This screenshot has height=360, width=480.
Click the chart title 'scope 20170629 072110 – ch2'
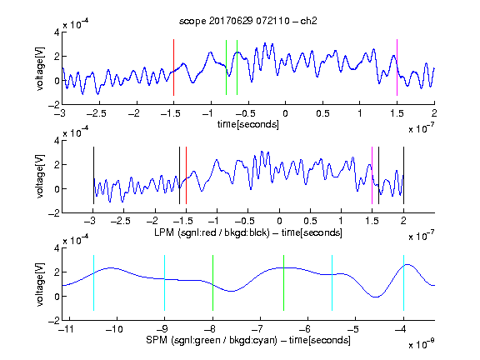click(248, 21)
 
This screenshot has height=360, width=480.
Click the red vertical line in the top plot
click(173, 67)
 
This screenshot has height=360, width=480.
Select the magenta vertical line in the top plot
click(397, 67)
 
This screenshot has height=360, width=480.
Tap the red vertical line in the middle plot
click(186, 175)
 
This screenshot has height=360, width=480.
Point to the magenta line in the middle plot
click(372, 175)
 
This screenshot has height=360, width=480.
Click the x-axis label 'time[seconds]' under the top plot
click(248, 124)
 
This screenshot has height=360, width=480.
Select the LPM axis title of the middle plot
click(248, 232)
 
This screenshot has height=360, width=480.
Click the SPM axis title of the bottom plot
click(248, 340)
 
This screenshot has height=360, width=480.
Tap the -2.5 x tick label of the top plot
click(97, 113)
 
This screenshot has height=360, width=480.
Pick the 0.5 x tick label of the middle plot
click(310, 221)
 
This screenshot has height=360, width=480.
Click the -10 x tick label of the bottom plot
click(114, 329)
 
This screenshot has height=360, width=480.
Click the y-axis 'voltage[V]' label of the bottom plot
click(40, 284)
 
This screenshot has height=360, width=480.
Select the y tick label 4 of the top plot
click(57, 32)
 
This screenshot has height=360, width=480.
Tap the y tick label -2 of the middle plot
click(54, 213)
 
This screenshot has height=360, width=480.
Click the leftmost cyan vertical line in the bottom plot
click(93, 282)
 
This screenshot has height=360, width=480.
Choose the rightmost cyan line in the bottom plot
click(403, 282)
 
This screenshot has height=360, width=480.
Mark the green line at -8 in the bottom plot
click(212, 282)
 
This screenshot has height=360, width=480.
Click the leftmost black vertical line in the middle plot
click(93, 175)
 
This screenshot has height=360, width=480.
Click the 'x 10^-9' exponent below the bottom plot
click(422, 344)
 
